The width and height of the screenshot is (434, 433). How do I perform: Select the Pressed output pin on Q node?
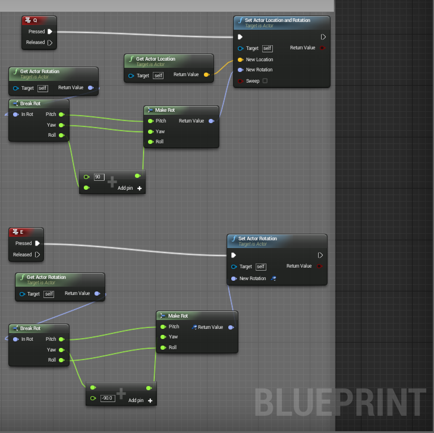(x=50, y=32)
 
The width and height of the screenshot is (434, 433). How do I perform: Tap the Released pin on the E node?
(x=37, y=255)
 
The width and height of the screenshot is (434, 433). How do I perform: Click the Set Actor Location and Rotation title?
(x=277, y=20)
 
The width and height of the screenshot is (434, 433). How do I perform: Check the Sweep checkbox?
(x=265, y=81)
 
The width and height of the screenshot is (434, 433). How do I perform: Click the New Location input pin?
(x=240, y=59)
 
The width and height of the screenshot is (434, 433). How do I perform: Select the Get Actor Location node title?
(x=155, y=59)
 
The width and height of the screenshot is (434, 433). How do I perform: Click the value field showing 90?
(x=99, y=177)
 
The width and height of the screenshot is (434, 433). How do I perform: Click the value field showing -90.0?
(x=108, y=398)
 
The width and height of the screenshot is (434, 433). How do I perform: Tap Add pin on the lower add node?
(x=141, y=400)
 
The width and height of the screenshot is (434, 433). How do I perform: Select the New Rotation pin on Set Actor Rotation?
(x=234, y=278)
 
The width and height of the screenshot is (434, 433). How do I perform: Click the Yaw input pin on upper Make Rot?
(x=150, y=131)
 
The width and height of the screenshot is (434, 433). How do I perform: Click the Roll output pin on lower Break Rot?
(x=61, y=360)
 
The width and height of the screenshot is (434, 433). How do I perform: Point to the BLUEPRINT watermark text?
(x=340, y=403)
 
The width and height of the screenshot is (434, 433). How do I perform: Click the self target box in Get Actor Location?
(x=158, y=76)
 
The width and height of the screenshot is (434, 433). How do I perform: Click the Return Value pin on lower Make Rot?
(x=231, y=327)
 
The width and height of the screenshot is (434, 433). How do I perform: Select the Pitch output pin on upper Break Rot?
(x=61, y=114)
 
